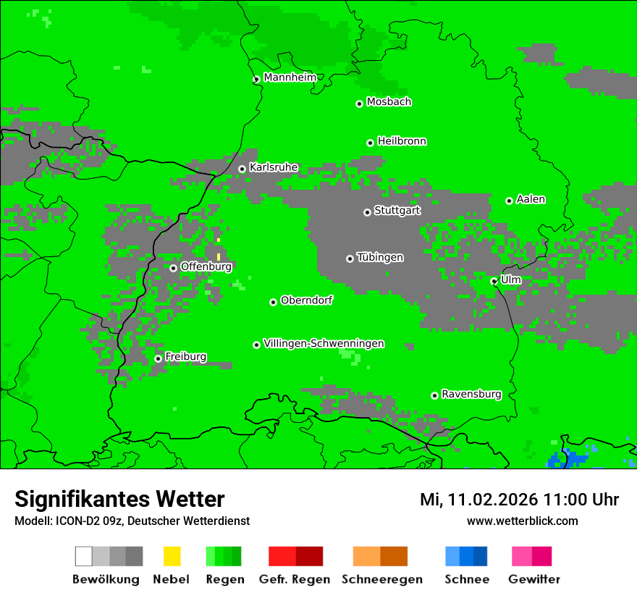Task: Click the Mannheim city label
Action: pos(290,77)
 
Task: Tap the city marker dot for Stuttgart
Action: pos(367,212)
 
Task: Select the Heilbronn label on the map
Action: pos(402,141)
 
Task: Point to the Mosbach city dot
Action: pos(359,104)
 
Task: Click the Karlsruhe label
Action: pos(274,167)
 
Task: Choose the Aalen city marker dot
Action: pos(509,201)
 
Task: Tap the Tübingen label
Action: pos(380,257)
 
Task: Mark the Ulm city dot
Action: pos(494,281)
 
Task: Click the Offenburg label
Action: pos(206,266)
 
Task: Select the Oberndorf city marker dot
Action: pos(273,302)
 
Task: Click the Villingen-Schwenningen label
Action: pos(324,343)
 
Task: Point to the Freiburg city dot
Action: pos(158,358)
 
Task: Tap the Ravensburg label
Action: pos(471,394)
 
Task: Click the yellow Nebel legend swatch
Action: pos(172,556)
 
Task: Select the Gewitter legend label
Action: pos(534,579)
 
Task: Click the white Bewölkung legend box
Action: pos(84,556)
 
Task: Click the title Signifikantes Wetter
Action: pos(119,499)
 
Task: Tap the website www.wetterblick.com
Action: pos(522,521)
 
